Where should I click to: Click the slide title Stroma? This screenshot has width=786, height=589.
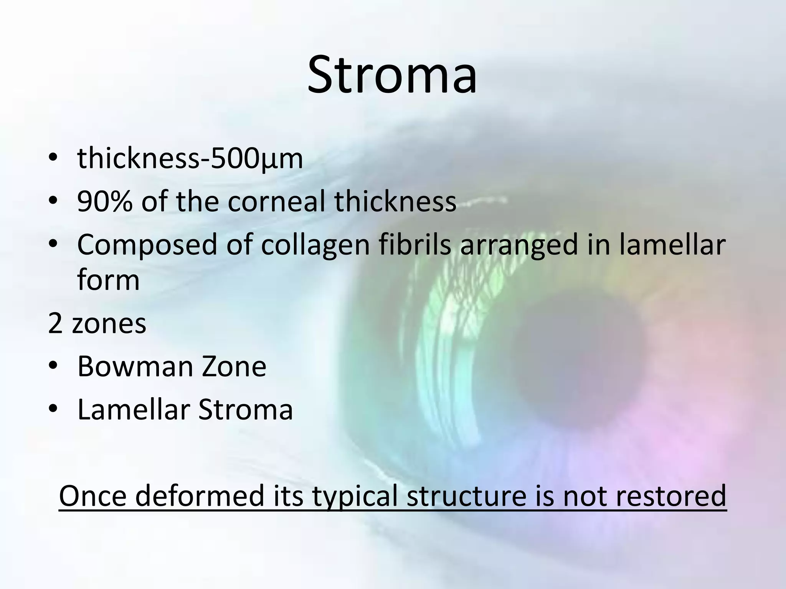tap(392, 74)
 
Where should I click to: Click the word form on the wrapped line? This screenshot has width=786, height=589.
tap(108, 280)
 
